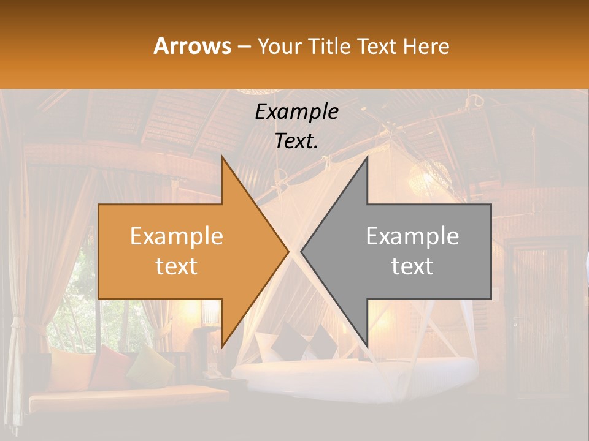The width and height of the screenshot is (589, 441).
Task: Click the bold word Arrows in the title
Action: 193,46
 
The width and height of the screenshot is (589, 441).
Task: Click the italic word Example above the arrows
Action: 296,113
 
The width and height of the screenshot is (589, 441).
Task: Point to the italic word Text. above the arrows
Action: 296,141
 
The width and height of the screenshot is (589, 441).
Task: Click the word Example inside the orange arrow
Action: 177,236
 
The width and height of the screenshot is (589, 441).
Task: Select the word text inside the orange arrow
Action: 177,266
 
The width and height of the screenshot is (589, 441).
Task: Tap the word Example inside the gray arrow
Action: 412,236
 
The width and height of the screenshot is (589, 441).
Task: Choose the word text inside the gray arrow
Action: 412,266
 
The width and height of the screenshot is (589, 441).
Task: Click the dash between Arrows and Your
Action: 244,47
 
